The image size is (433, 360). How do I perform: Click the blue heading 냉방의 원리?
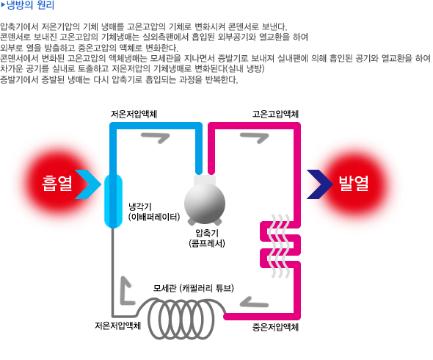[30, 5]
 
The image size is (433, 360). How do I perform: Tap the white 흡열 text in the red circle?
[57, 184]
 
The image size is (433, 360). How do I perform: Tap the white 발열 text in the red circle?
[354, 184]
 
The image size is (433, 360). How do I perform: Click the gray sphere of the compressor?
[205, 204]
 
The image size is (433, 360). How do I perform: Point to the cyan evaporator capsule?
[113, 201]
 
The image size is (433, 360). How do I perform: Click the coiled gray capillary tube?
[181, 318]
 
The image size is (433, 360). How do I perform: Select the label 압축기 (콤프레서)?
[207, 238]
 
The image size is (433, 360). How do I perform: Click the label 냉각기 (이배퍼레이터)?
[154, 212]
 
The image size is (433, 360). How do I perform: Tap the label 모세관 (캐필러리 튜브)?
[194, 288]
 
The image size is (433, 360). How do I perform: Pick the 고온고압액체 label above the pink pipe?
[275, 114]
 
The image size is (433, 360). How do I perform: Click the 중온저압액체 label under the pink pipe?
[275, 328]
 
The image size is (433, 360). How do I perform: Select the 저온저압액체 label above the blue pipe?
[134, 114]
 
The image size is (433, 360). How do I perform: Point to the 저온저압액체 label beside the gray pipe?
[118, 325]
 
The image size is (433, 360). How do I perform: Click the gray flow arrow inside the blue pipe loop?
[156, 137]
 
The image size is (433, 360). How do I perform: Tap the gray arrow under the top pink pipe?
[255, 137]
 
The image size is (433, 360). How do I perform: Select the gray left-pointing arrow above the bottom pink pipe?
[254, 302]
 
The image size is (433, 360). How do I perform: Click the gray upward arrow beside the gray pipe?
[125, 290]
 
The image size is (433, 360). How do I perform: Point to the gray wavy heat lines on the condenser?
[280, 246]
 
